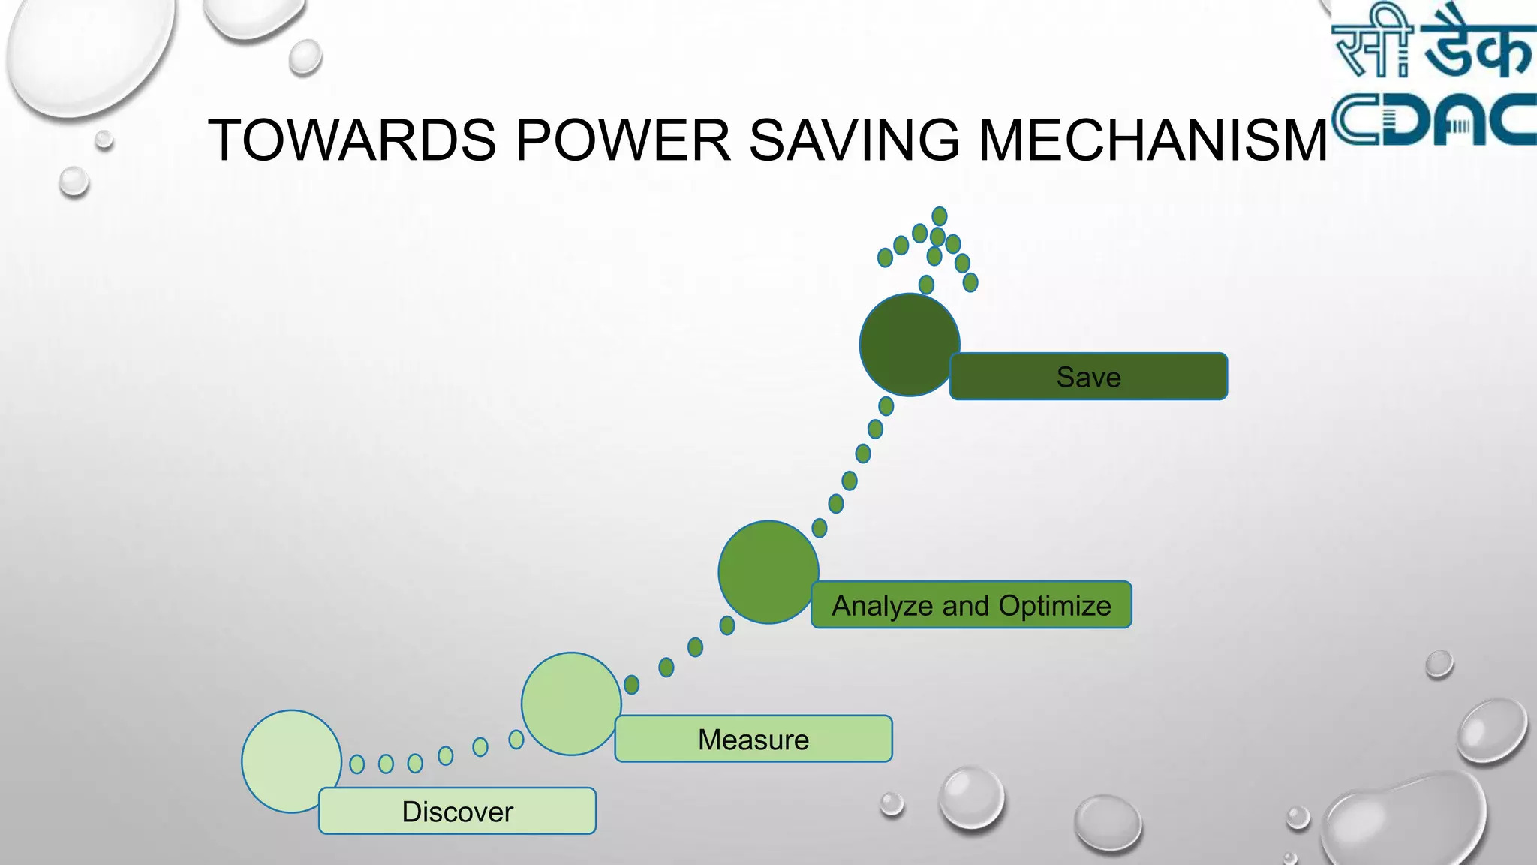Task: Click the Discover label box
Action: tap(457, 811)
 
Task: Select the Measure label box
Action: tap(753, 739)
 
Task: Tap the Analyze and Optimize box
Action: tap(970, 604)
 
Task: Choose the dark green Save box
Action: tap(1088, 376)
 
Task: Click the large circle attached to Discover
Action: tap(291, 760)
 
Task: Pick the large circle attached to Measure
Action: tap(571, 703)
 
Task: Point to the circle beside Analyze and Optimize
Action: tap(768, 571)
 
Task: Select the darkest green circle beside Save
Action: tap(909, 344)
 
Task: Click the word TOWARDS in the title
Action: tap(351, 140)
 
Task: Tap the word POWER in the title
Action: tap(622, 140)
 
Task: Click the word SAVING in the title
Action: tap(854, 140)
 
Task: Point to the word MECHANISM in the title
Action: tap(1153, 140)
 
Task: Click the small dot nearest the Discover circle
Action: tap(357, 764)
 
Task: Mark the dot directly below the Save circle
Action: tap(886, 406)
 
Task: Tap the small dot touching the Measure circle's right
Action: tap(632, 684)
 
